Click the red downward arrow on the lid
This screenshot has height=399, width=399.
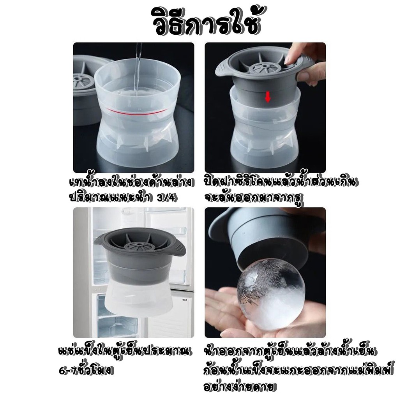[268, 97]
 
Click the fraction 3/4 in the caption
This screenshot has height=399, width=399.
[166, 198]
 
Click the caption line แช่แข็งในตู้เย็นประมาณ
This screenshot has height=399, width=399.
[125, 352]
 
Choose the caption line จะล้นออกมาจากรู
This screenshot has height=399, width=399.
[254, 198]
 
